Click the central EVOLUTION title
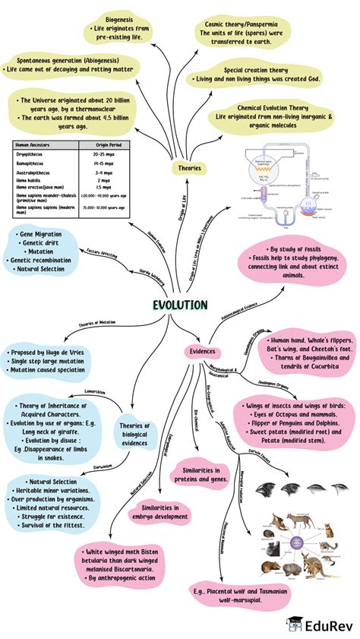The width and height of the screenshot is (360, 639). [x=179, y=305]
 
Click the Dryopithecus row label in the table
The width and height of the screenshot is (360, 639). [x=33, y=154]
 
